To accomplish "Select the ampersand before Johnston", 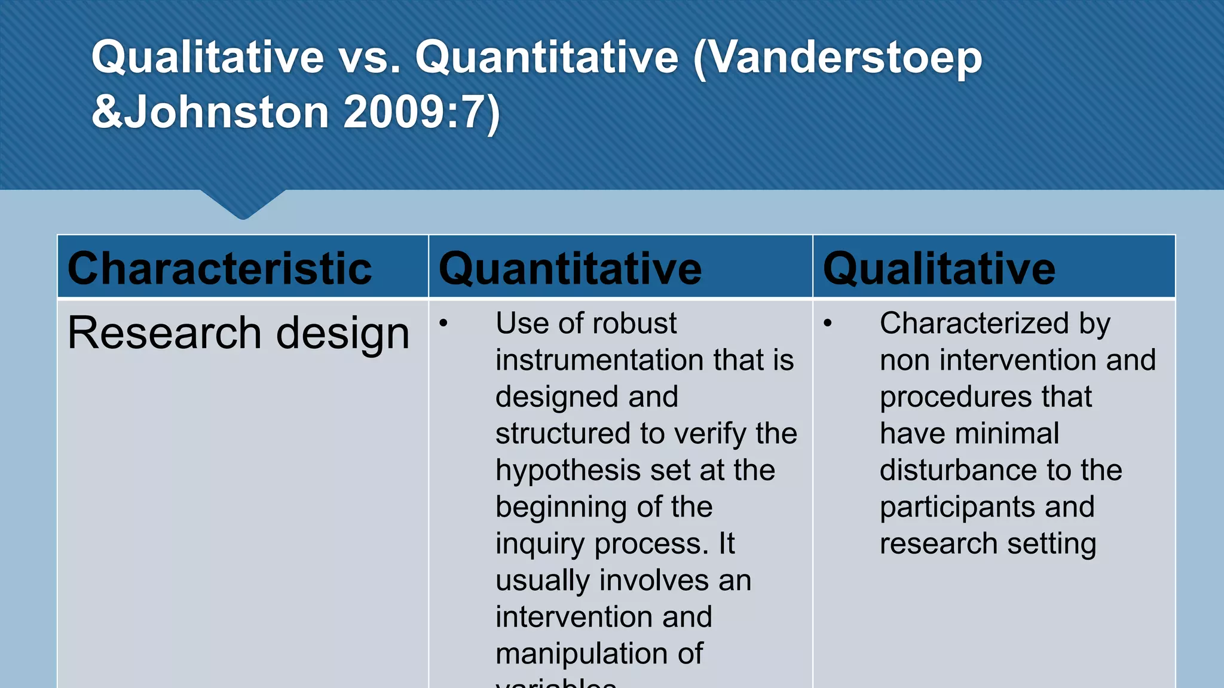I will click(107, 112).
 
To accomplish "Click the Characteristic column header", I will click(219, 268).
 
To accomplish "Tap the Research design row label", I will click(238, 333).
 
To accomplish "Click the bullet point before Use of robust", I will click(443, 324).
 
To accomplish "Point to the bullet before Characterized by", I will click(827, 324).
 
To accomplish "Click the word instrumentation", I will click(599, 360).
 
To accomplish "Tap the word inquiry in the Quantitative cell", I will click(540, 544).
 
